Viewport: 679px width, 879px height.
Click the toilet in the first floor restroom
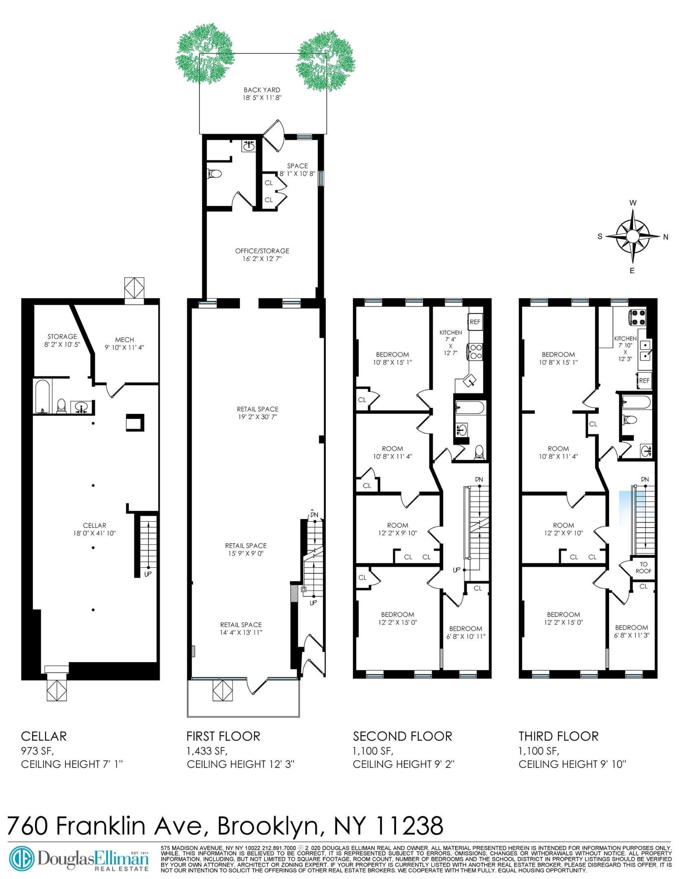215,174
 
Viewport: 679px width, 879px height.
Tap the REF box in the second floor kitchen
475,321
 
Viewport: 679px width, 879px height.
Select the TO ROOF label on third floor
643,568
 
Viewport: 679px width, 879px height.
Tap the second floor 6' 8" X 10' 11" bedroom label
465,636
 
